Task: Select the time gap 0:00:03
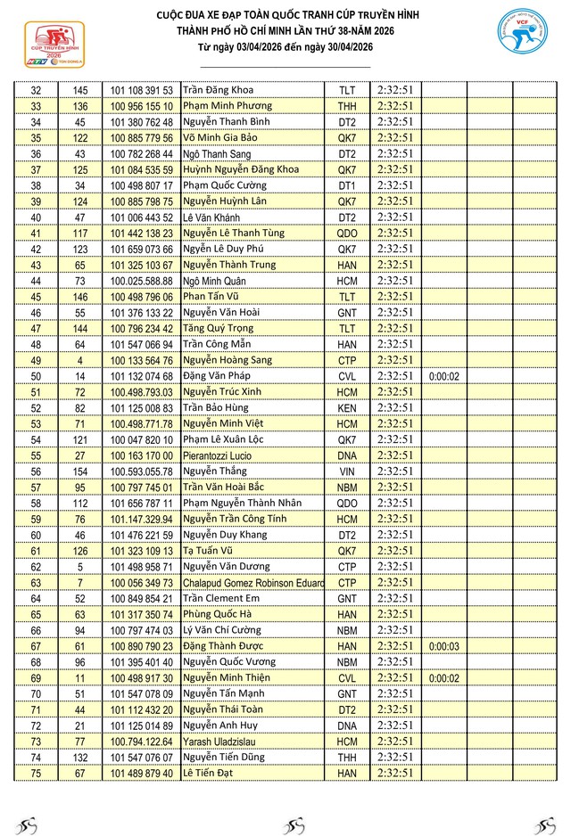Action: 443,646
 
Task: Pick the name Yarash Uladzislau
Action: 220,742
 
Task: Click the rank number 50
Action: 36,376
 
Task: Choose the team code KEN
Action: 347,408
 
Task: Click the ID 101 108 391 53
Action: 142,91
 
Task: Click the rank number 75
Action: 36,773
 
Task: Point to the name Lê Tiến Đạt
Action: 207,773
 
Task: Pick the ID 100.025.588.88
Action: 142,281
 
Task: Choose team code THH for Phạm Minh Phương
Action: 347,107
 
